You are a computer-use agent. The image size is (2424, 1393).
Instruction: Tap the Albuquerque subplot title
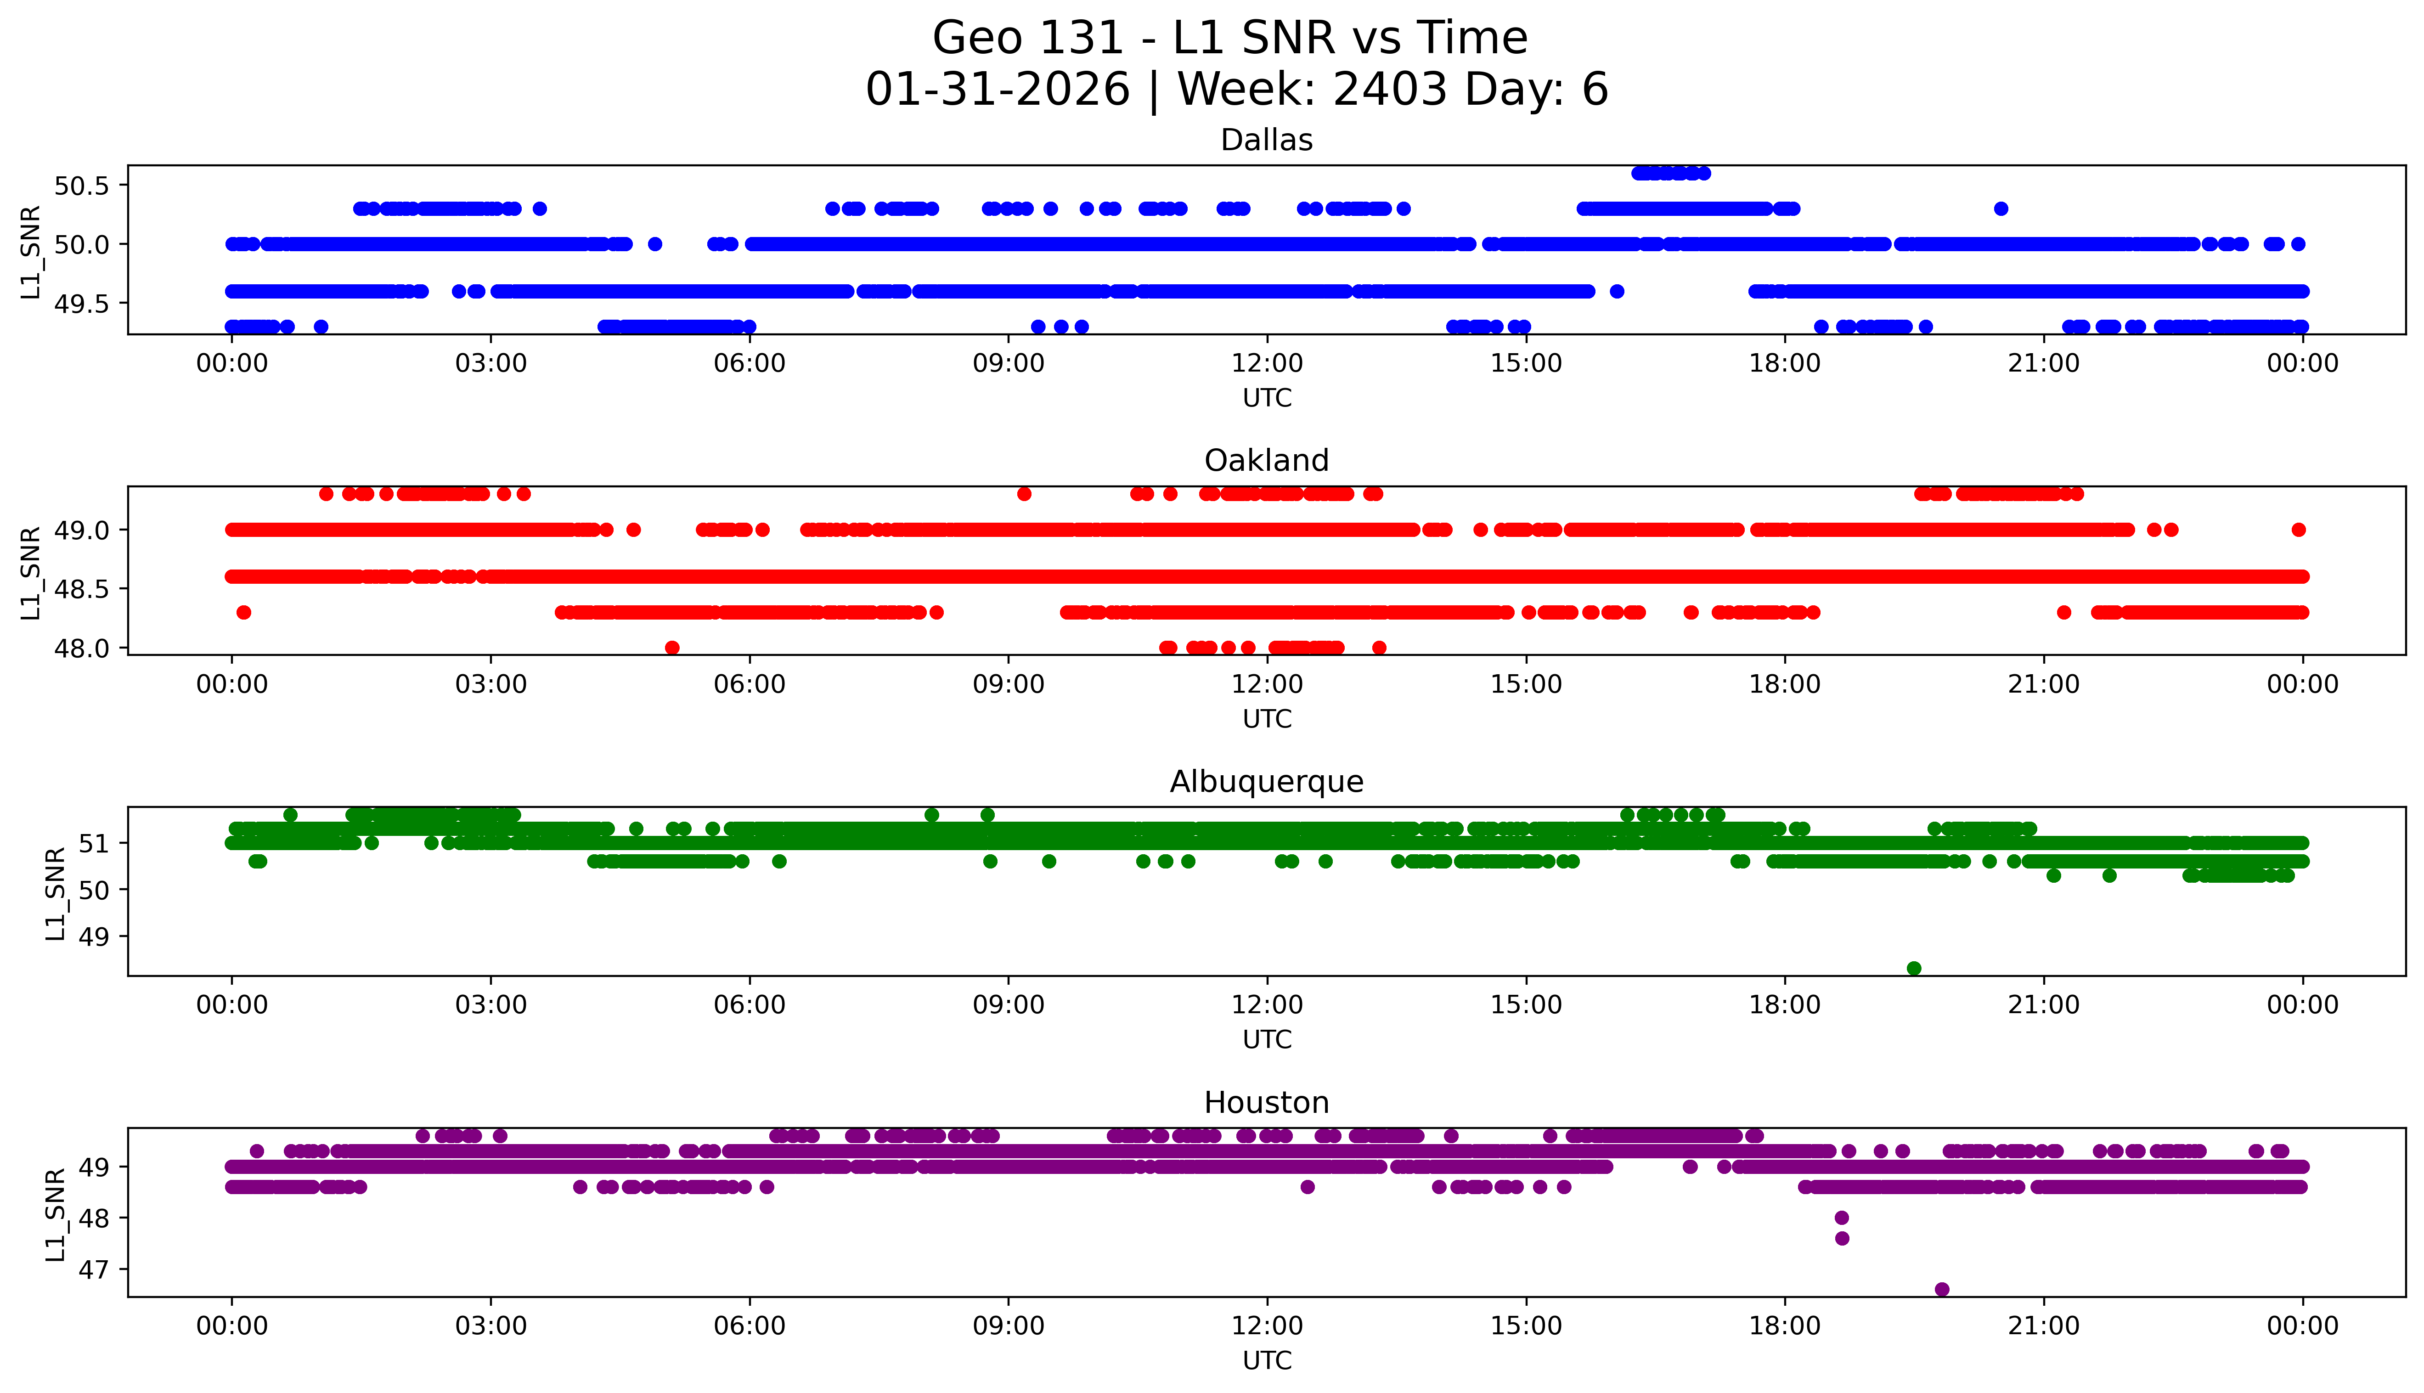click(1267, 782)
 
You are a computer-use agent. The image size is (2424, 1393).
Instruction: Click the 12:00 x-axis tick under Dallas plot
click(1267, 364)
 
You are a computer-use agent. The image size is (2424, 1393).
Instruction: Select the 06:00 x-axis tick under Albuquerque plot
click(749, 1004)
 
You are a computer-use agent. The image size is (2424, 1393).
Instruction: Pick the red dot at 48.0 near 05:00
click(672, 648)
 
